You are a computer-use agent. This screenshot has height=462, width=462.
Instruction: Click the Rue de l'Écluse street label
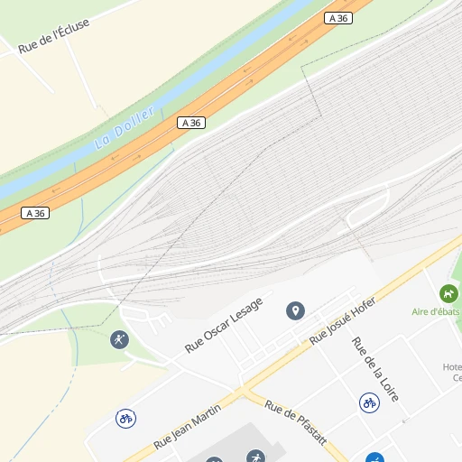tap(54, 35)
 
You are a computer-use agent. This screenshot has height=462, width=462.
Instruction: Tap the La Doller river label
tap(125, 128)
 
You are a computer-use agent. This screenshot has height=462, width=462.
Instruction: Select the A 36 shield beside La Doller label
tap(190, 123)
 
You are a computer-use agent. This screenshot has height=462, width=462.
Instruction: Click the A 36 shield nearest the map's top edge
tap(338, 18)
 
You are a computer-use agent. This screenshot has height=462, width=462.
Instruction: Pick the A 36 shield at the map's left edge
tap(34, 213)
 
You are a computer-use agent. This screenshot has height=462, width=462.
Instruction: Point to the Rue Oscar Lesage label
tap(223, 325)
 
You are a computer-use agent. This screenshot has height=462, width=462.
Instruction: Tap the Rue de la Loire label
tap(374, 369)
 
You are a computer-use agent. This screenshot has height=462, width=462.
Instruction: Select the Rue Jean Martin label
tap(188, 428)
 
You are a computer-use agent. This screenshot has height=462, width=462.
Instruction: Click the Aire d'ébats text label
tap(436, 311)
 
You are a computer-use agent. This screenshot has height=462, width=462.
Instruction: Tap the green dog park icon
tap(448, 293)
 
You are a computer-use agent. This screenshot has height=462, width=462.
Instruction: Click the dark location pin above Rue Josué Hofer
tap(295, 311)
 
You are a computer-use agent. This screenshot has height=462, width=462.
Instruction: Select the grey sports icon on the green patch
tap(118, 339)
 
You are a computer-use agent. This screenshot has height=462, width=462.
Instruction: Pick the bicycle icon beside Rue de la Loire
tap(368, 402)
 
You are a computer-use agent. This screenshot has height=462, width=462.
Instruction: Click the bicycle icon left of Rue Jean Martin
tap(126, 419)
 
